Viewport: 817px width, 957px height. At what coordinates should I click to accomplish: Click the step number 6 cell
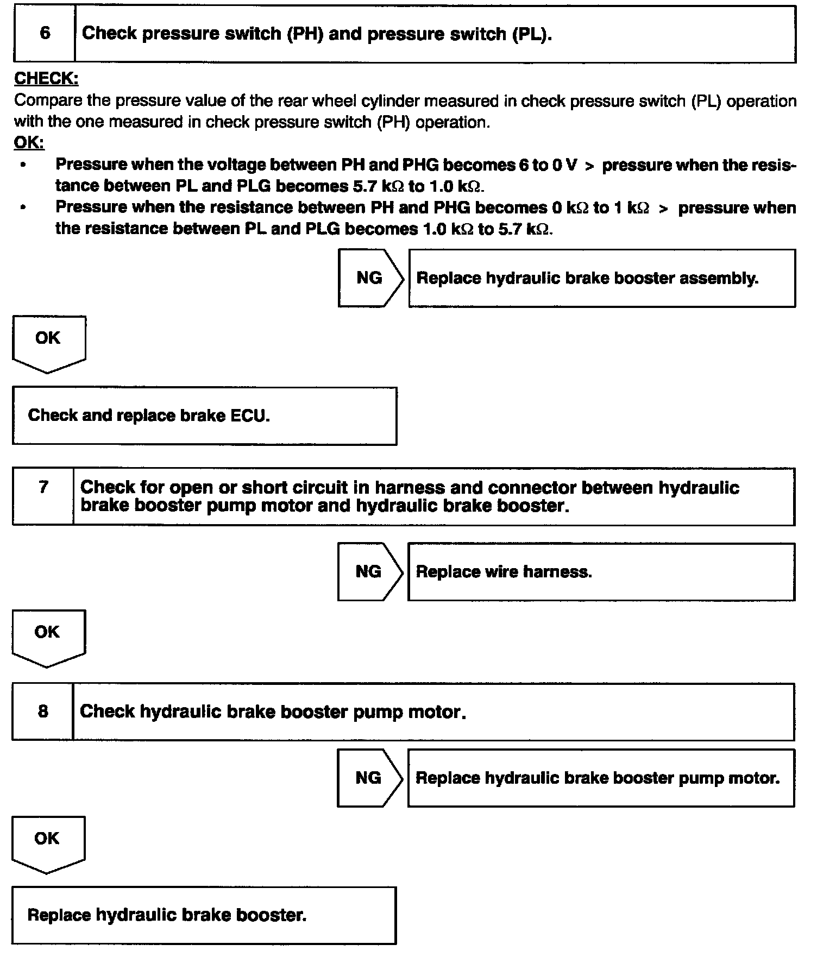tap(45, 34)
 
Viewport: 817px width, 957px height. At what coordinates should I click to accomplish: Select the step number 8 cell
tap(43, 712)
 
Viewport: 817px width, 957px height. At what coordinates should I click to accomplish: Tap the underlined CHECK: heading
tap(46, 79)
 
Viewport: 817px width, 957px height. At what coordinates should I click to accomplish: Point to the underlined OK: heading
tap(29, 143)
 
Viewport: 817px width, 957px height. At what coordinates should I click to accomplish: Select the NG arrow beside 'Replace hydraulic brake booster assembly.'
tap(370, 278)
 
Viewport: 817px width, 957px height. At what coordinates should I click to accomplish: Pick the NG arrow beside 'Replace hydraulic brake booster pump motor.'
tap(369, 778)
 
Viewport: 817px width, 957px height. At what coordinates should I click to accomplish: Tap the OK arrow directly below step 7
tap(48, 635)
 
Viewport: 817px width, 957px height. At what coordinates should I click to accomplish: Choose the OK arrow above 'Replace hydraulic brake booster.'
tap(47, 842)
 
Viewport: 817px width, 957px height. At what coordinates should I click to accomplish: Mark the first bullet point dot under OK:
tap(22, 165)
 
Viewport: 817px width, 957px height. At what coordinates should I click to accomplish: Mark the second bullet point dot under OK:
tap(22, 207)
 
